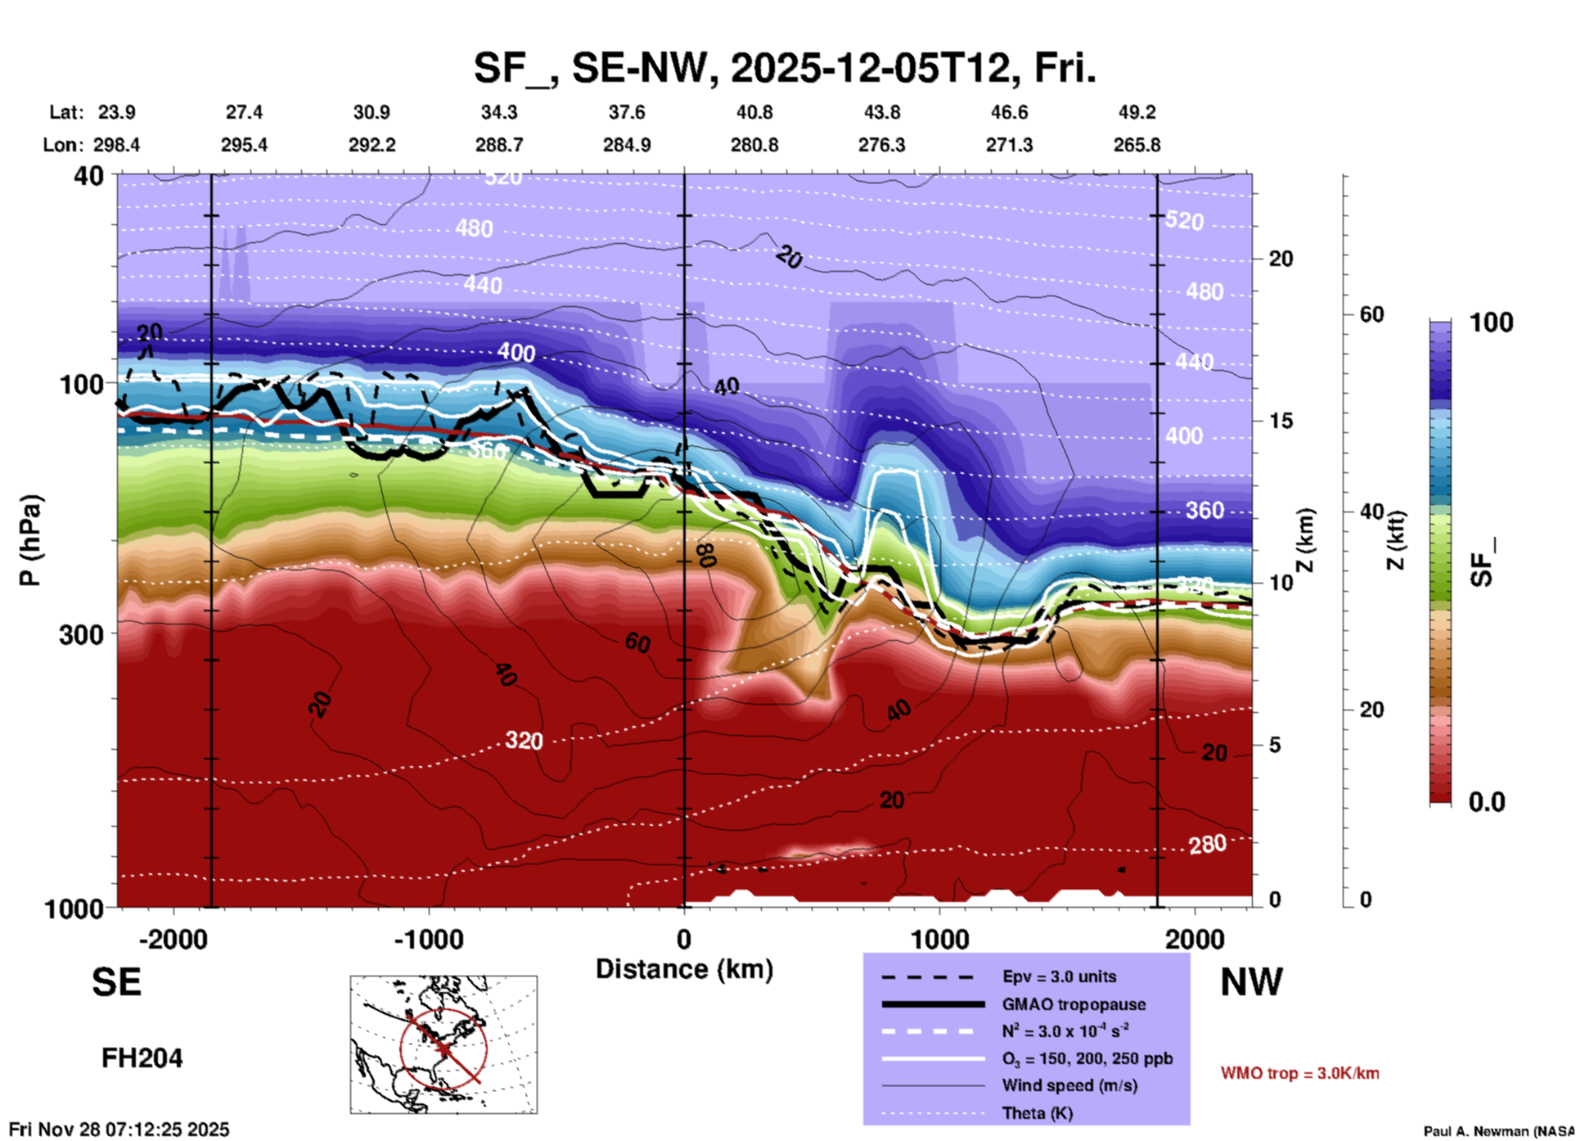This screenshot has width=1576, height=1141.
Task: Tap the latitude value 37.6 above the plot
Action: point(627,112)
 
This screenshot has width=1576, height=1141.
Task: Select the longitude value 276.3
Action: point(881,145)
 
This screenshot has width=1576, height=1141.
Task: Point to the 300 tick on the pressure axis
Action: point(82,634)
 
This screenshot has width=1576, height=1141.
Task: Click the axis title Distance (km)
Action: point(684,969)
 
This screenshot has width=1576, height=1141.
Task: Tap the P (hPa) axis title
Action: point(29,540)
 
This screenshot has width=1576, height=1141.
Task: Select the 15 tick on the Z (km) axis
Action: point(1281,421)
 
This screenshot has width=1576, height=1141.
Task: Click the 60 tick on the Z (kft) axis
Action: point(1371,314)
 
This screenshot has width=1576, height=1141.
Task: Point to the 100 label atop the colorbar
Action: point(1491,322)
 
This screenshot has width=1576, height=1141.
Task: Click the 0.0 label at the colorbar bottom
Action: point(1487,802)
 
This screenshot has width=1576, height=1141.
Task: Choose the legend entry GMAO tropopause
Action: point(1074,1004)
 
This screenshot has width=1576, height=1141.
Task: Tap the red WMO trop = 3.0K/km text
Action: point(1299,1073)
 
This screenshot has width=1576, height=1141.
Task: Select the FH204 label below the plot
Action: point(142,1058)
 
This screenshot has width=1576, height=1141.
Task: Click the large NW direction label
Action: point(1251,982)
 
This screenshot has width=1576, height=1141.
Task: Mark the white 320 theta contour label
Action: point(524,741)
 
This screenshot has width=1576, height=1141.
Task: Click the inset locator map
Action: point(444,1044)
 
